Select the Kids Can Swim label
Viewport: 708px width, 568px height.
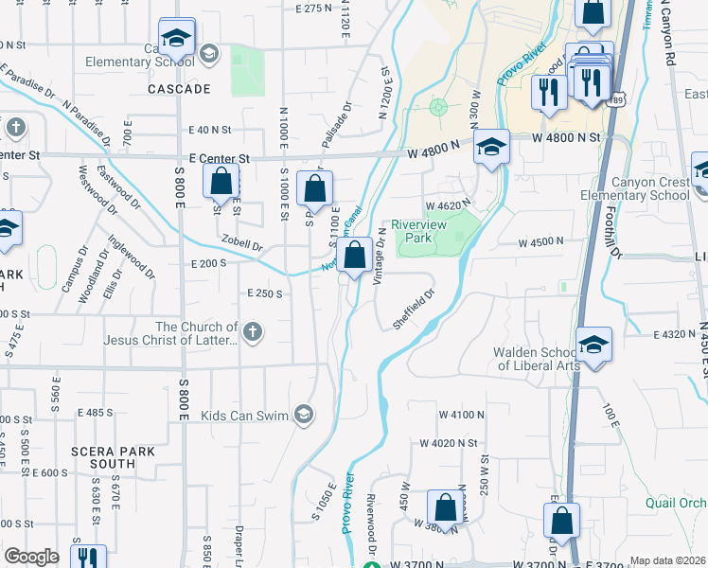(x=245, y=414)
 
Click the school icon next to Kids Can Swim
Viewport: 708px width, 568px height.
(x=303, y=414)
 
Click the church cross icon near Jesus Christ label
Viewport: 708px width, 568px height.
(x=252, y=331)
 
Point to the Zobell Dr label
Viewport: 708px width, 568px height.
(x=241, y=243)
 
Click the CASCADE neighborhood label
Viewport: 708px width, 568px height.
(x=179, y=89)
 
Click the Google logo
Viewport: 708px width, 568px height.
(x=31, y=557)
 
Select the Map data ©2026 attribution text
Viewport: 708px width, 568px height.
(x=668, y=560)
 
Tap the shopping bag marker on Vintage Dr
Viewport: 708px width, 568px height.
(x=355, y=256)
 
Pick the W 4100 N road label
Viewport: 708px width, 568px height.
(x=461, y=415)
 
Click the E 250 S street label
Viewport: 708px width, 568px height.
(x=266, y=293)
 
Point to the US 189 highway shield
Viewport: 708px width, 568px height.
(x=618, y=98)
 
